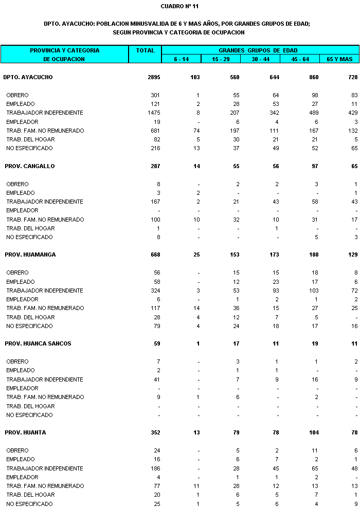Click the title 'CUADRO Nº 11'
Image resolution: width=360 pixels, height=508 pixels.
pyautogui.click(x=179, y=6)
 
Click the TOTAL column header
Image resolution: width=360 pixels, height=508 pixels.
pyautogui.click(x=145, y=50)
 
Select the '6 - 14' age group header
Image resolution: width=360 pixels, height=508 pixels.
pyautogui.click(x=181, y=59)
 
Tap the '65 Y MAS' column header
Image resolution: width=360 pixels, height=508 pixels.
pyautogui.click(x=339, y=59)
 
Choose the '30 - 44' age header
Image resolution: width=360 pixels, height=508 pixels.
pyautogui.click(x=261, y=59)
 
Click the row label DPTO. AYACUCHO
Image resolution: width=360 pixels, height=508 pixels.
pyautogui.click(x=28, y=77)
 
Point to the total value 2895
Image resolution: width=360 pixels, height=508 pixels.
pyautogui.click(x=153, y=77)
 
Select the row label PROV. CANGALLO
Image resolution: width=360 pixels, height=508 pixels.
pyautogui.click(x=30, y=166)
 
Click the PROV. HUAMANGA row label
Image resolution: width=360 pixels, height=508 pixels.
pyautogui.click(x=30, y=255)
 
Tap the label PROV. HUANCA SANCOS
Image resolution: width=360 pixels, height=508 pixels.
pyautogui.click(x=38, y=343)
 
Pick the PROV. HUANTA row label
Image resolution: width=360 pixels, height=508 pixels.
pyautogui.click(x=26, y=432)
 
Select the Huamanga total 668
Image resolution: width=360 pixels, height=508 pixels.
pyautogui.click(x=154, y=255)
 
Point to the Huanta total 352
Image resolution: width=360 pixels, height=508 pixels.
pyautogui.click(x=154, y=432)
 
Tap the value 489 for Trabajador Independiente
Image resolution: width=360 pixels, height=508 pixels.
pyautogui.click(x=314, y=113)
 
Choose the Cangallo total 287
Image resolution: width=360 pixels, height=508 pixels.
pyautogui.click(x=154, y=166)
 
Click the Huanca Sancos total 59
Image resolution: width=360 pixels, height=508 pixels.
pyautogui.click(x=156, y=343)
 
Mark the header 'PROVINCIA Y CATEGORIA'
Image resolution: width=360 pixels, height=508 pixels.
pyautogui.click(x=64, y=50)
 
